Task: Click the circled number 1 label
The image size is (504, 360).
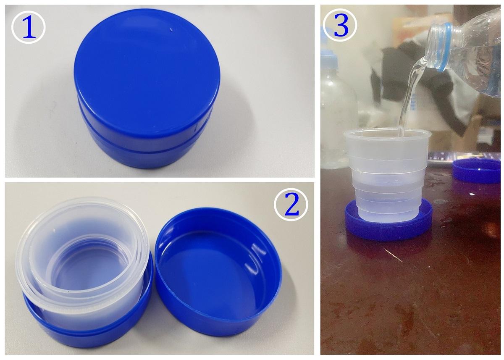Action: point(29,27)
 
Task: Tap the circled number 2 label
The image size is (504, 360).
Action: point(291,205)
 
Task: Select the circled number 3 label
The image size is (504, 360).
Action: point(340,25)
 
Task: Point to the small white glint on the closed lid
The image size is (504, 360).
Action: point(171,29)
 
